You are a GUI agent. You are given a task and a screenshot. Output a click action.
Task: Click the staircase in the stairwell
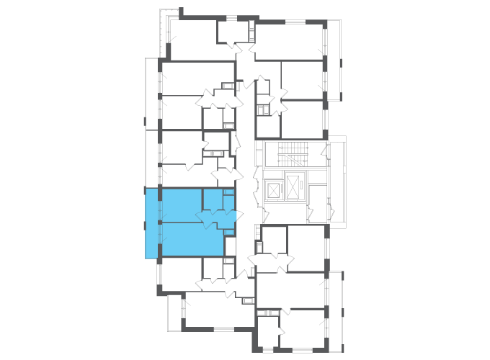293,153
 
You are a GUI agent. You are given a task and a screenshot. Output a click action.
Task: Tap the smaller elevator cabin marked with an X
274,191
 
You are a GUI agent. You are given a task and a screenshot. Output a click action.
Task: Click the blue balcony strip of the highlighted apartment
152,223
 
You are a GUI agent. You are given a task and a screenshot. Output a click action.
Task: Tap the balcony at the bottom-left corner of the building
176,312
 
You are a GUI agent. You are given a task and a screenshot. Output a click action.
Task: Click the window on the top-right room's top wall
295,22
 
